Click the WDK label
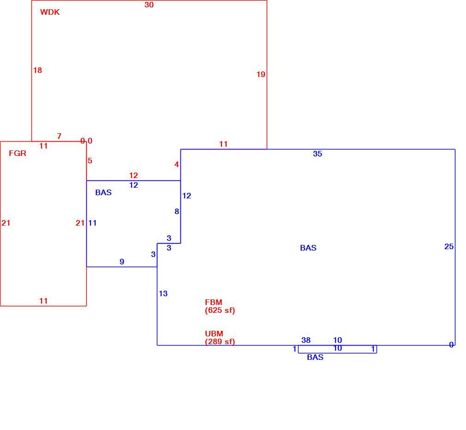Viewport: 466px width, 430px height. coord(50,12)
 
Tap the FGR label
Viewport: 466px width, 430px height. coord(18,153)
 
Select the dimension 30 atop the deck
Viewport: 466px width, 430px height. coord(149,5)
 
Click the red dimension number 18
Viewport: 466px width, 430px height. coord(37,71)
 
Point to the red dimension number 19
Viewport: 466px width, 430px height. coord(261,75)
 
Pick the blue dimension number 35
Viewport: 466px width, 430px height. coord(317,154)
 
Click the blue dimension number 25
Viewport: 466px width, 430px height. coord(449,247)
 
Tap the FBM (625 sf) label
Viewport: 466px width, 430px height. coord(220,306)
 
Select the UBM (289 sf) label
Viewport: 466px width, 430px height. coord(220,338)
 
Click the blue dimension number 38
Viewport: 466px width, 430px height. coord(306,340)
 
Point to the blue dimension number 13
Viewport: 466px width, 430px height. coord(163,293)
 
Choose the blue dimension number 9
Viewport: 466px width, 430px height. coord(122,262)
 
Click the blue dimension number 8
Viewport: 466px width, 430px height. coord(177,212)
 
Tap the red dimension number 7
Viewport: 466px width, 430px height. coord(59,137)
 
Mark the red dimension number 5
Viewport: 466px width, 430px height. coord(90,161)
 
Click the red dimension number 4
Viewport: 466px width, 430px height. coord(177,165)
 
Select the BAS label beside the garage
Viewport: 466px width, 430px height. coord(103,192)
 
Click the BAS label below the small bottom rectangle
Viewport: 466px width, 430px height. coord(315,357)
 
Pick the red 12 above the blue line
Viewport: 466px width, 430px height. coord(133,176)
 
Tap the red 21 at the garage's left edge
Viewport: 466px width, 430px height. coord(6,223)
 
